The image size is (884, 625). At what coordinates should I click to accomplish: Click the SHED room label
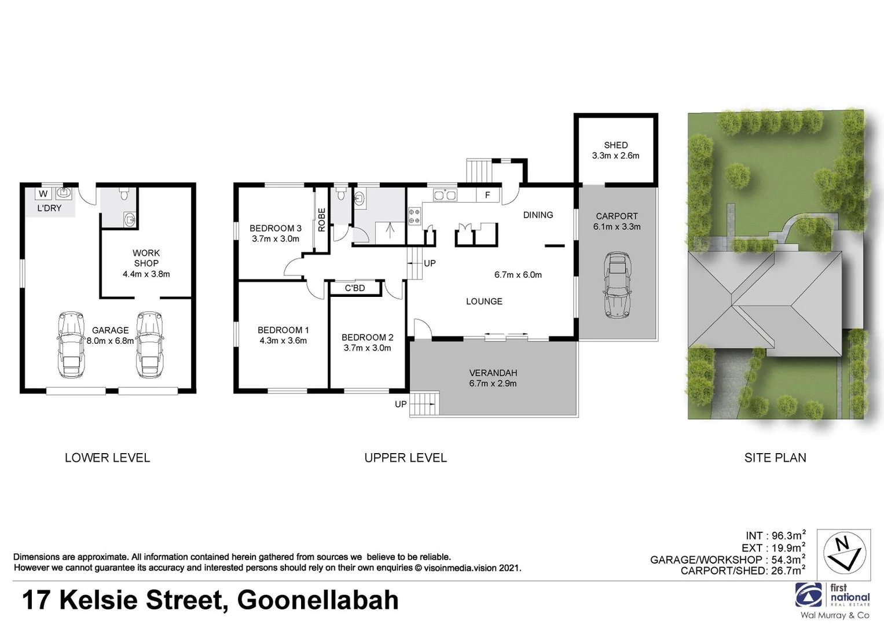pyautogui.click(x=615, y=145)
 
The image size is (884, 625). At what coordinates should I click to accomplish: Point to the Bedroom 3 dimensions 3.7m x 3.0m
pyautogui.click(x=275, y=238)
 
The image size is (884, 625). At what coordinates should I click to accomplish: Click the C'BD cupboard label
pyautogui.click(x=355, y=288)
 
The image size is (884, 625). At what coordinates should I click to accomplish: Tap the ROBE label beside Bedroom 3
pyautogui.click(x=322, y=220)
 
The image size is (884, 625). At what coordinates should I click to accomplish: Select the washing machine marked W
pyautogui.click(x=43, y=194)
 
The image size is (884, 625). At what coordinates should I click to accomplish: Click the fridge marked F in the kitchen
pyautogui.click(x=487, y=195)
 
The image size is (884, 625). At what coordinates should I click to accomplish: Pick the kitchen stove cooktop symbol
pyautogui.click(x=415, y=216)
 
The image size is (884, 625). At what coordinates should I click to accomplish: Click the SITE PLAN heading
pyautogui.click(x=775, y=458)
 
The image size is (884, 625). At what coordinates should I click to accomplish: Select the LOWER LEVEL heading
pyautogui.click(x=107, y=458)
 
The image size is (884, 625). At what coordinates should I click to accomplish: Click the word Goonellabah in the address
pyautogui.click(x=318, y=600)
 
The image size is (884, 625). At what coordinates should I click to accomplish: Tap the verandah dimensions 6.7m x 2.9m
pyautogui.click(x=493, y=383)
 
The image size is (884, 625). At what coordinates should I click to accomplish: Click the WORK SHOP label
pyautogui.click(x=146, y=258)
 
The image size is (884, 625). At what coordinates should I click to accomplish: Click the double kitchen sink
pyautogui.click(x=445, y=195)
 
